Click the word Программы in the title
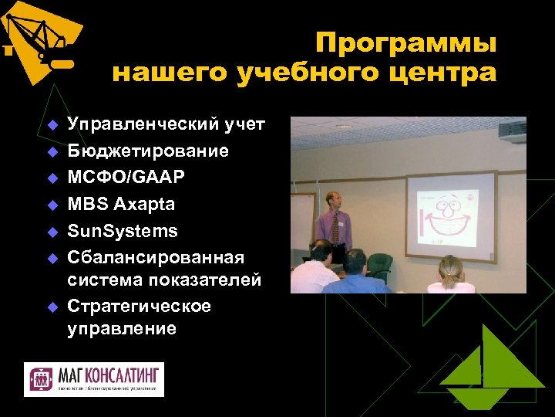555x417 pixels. tap(405, 42)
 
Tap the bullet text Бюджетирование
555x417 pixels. tap(148, 151)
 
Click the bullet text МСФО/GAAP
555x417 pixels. tap(126, 178)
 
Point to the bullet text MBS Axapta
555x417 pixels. tap(121, 205)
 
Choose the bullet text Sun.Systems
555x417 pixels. tap(123, 231)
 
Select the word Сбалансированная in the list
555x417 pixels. tap(156, 257)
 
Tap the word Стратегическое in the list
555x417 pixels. tap(140, 307)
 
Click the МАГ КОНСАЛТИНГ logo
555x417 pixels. tap(94, 379)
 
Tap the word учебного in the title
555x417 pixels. tap(290, 73)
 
